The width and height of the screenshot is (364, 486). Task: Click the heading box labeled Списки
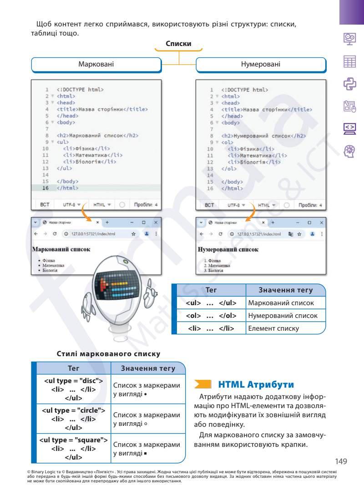tap(178, 44)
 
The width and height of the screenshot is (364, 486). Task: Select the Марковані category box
tap(96, 65)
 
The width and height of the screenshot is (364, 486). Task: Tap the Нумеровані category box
tap(261, 65)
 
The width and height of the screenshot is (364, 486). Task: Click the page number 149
tap(341, 461)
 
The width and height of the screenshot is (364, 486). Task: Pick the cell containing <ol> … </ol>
tap(211, 315)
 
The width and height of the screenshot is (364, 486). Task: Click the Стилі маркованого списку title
tap(108, 353)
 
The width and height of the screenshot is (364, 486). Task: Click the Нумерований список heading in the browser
tap(228, 250)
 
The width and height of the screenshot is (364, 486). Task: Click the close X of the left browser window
tap(156, 222)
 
